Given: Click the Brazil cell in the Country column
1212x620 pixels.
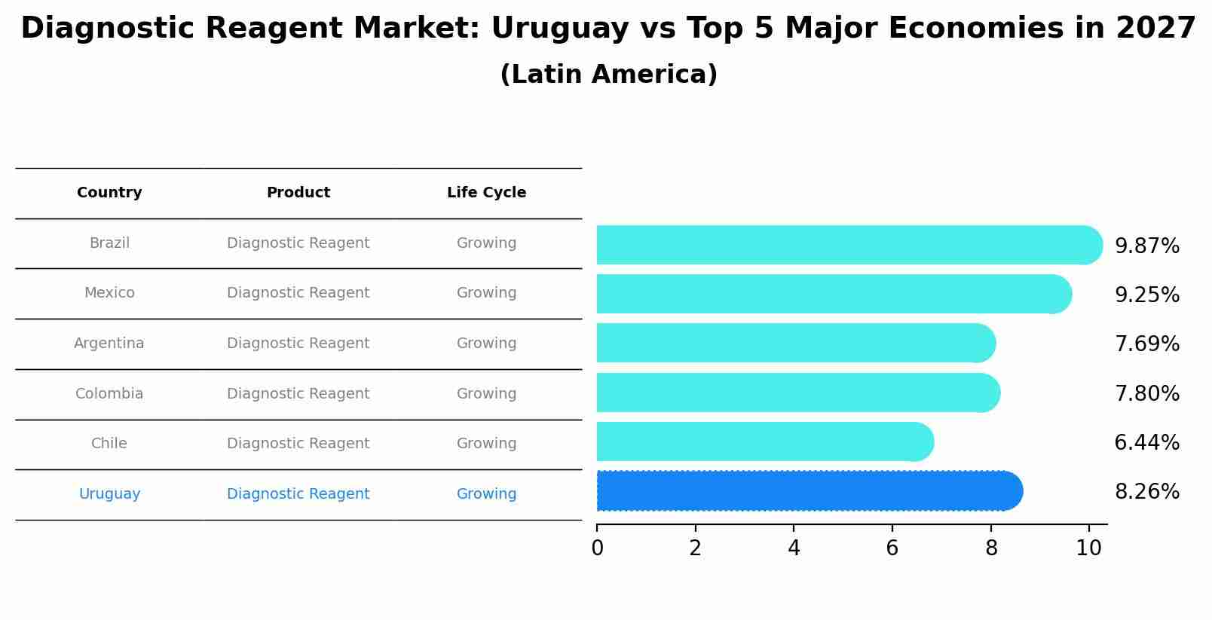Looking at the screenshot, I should click(x=109, y=243).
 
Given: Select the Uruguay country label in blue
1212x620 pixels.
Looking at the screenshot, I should click(x=109, y=494).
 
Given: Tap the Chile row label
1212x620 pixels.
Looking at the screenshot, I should click(x=109, y=444).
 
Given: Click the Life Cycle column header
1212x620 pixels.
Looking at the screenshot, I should click(x=486, y=193).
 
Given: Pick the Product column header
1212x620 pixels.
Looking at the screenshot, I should click(x=298, y=193).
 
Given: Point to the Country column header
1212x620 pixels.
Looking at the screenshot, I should click(x=109, y=193).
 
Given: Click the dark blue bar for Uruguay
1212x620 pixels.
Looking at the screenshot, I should click(x=806, y=491).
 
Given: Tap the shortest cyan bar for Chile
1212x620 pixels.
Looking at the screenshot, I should click(x=761, y=441).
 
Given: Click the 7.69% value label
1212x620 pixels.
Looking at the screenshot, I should click(x=1146, y=344).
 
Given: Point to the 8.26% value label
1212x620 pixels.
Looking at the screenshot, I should click(x=1146, y=492).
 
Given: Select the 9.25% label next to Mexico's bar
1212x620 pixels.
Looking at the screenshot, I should click(x=1146, y=295).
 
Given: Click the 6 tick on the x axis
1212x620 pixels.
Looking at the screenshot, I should click(x=892, y=548).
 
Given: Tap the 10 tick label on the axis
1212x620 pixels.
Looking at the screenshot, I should click(x=1088, y=548).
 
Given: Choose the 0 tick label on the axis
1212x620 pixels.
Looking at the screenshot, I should click(x=597, y=548).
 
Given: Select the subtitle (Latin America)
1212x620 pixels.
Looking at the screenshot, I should click(x=608, y=75).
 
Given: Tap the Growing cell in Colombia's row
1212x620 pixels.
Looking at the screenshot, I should click(x=486, y=394).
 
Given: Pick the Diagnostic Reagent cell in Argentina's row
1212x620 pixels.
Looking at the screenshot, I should click(x=298, y=344).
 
